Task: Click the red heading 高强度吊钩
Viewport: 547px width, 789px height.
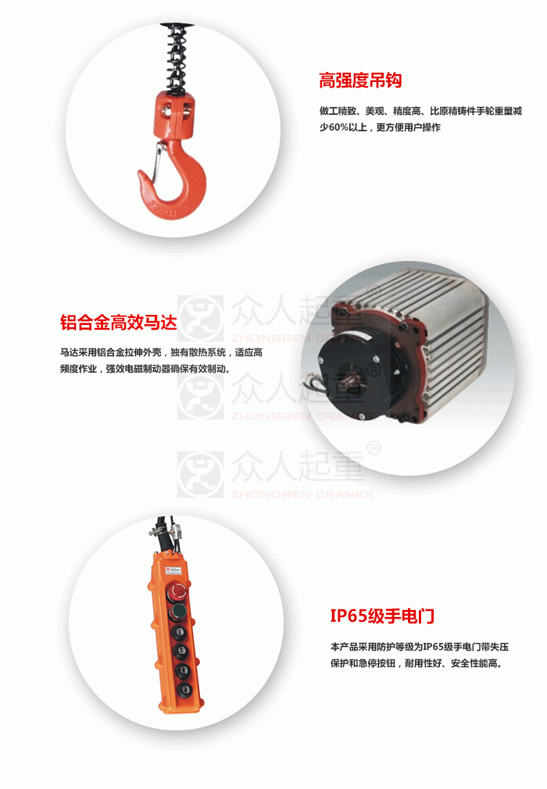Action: pyautogui.click(x=360, y=80)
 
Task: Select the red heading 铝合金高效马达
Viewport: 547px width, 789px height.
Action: pyautogui.click(x=119, y=322)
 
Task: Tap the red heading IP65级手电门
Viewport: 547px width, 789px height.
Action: pyautogui.click(x=382, y=616)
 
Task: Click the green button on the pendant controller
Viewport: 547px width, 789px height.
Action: pyautogui.click(x=177, y=612)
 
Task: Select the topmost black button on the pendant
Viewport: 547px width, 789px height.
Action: pyautogui.click(x=179, y=632)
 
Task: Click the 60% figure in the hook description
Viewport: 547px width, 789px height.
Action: pyautogui.click(x=338, y=127)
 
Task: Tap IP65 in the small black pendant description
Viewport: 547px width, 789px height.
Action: pyautogui.click(x=433, y=647)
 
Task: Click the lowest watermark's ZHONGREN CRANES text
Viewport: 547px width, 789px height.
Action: pyautogui.click(x=302, y=494)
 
